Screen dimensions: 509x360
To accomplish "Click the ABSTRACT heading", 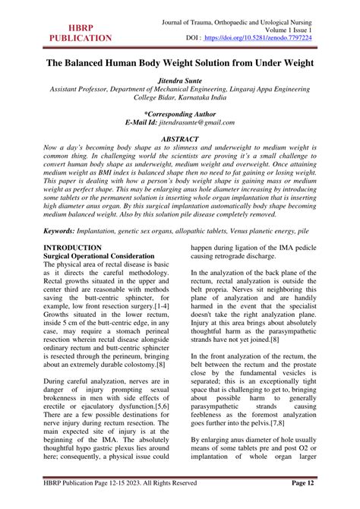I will click(x=179, y=140).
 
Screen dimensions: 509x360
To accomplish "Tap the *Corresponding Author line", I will click(x=179, y=112).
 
